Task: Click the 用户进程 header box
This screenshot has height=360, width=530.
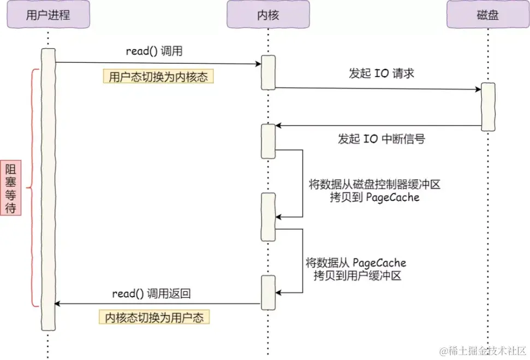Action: (x=48, y=15)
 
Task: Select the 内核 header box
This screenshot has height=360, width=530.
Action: (x=268, y=15)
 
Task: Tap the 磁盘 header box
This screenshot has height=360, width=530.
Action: (x=487, y=15)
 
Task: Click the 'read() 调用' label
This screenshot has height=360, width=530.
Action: (x=154, y=52)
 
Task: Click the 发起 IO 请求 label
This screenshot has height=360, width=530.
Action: (x=382, y=73)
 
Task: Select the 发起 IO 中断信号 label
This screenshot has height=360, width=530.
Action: (x=382, y=139)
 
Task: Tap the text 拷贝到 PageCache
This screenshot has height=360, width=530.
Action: (x=374, y=197)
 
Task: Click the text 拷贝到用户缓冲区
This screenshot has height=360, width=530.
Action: (x=358, y=276)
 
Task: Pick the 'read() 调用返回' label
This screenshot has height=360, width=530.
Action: (x=152, y=293)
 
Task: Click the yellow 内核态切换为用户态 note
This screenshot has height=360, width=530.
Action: (x=154, y=317)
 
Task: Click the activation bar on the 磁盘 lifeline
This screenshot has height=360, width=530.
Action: (x=487, y=107)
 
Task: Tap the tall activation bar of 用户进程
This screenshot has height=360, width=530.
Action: (x=48, y=189)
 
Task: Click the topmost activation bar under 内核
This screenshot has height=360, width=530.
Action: (x=268, y=72)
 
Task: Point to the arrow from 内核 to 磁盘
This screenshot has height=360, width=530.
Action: (x=377, y=88)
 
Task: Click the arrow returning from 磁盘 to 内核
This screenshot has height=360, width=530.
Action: (x=377, y=126)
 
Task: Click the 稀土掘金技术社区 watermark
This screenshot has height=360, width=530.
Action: (x=485, y=349)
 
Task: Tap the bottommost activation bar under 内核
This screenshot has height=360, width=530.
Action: (x=268, y=292)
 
